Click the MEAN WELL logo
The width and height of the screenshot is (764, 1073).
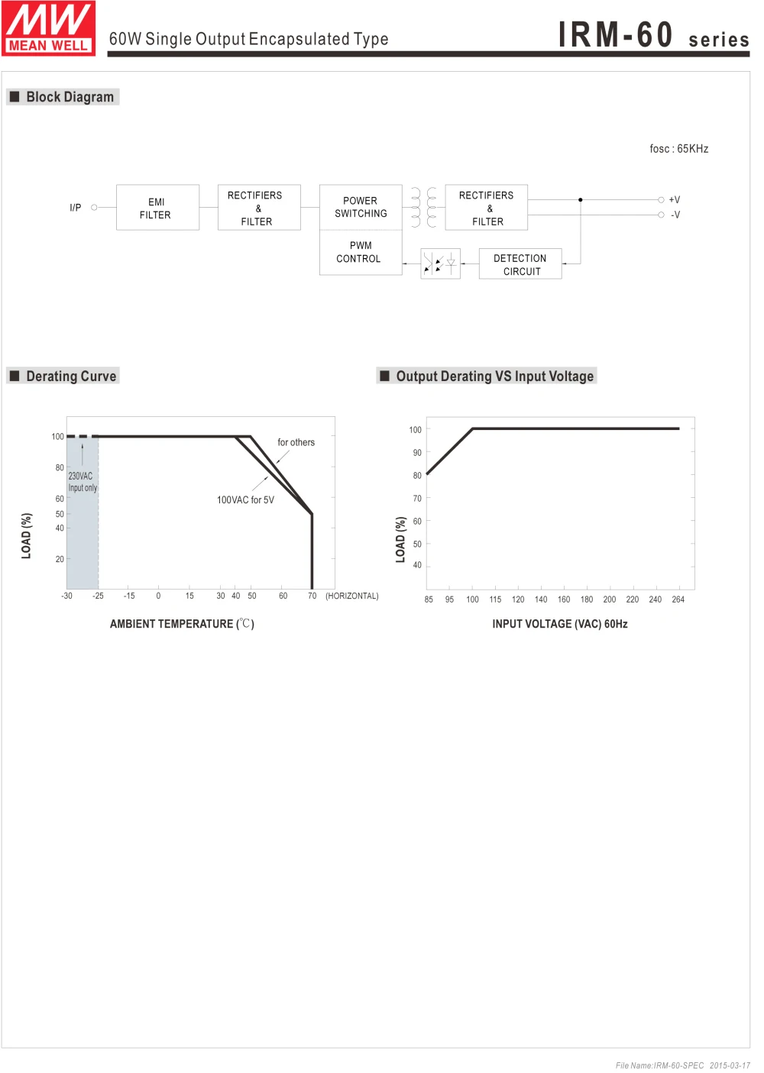click(48, 28)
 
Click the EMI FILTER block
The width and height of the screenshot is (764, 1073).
click(157, 208)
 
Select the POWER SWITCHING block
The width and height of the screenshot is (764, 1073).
click(361, 207)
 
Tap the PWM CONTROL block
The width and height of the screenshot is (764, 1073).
click(361, 253)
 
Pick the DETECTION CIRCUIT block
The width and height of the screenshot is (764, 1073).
click(520, 264)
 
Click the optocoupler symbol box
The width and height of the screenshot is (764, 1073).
click(440, 263)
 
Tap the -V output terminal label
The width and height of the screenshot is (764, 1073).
click(675, 215)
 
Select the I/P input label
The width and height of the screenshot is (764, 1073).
click(76, 208)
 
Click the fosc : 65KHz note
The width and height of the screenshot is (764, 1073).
click(678, 149)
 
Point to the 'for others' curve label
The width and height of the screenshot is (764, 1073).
click(296, 442)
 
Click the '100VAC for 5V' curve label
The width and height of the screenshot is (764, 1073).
click(245, 500)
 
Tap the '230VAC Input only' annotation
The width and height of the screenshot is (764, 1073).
click(82, 482)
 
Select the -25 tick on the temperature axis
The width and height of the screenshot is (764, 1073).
click(98, 596)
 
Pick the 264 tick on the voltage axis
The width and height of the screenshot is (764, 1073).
click(678, 600)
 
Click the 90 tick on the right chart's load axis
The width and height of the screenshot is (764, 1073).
click(417, 453)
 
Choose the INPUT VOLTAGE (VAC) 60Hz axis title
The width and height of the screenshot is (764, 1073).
click(559, 624)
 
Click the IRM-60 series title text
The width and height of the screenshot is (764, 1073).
click(653, 35)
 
